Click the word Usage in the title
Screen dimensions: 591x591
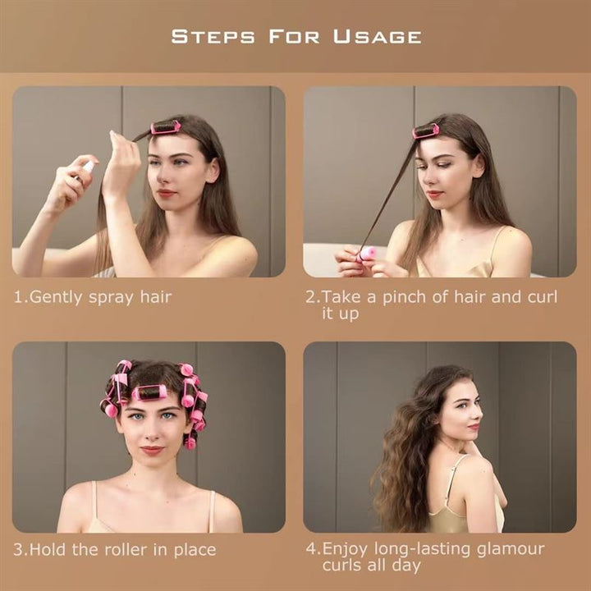coord(378,36)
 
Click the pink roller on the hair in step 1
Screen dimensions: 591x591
coord(167,126)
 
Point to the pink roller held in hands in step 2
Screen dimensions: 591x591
coord(366,256)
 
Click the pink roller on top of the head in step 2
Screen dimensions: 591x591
coord(426,131)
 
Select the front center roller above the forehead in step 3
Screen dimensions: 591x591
coord(149,392)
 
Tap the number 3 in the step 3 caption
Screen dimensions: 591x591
coord(17,549)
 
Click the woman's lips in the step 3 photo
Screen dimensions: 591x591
coord(152,450)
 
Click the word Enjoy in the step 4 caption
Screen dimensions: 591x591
coord(346,549)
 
